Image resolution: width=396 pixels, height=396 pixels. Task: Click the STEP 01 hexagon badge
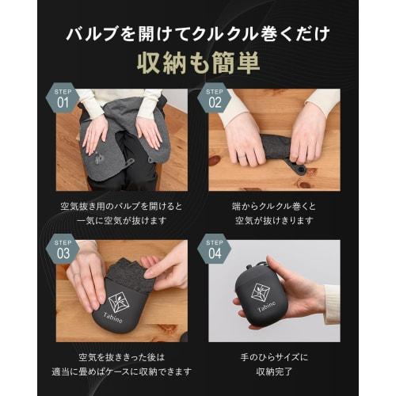click(x=63, y=98)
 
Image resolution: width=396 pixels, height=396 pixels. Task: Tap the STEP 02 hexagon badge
click(x=215, y=98)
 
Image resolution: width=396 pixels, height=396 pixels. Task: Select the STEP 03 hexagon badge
click(x=63, y=249)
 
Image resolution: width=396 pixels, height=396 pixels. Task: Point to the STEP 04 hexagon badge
click(x=215, y=249)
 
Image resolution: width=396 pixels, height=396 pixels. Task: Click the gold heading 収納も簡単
click(x=197, y=61)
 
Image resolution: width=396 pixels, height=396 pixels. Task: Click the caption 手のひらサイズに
click(x=273, y=357)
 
